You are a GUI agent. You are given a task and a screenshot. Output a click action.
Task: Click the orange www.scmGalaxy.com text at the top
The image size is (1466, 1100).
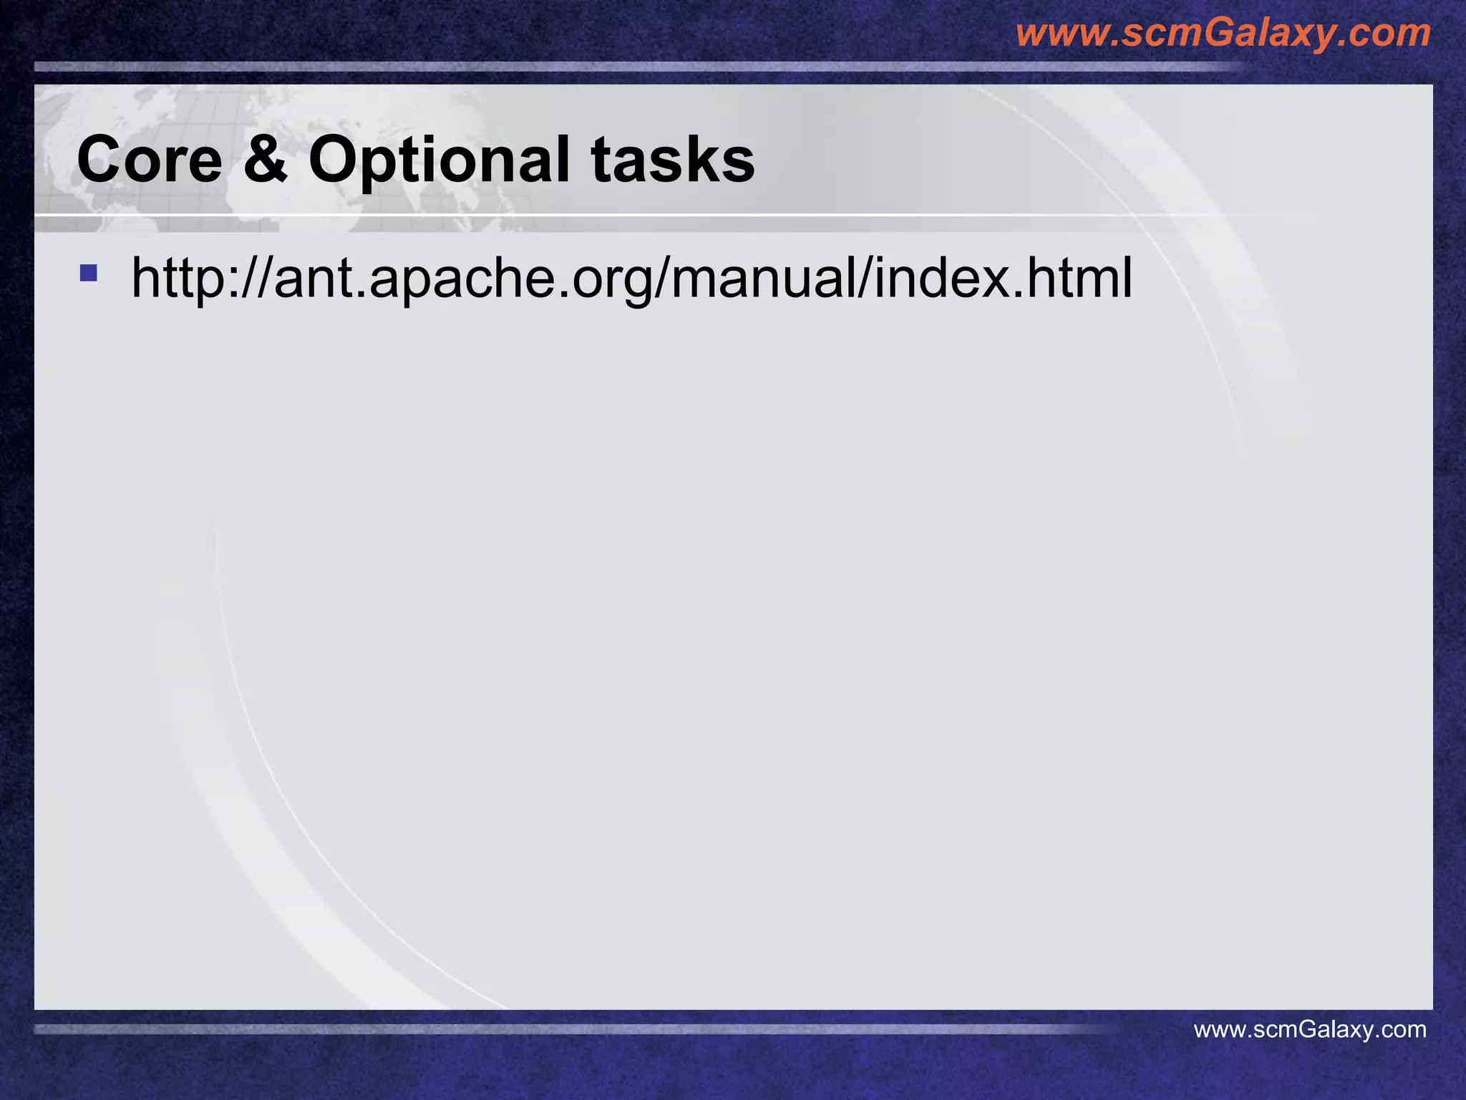tap(1223, 33)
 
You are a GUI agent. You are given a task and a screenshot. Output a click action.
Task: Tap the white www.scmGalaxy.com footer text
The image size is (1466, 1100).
tap(1310, 1030)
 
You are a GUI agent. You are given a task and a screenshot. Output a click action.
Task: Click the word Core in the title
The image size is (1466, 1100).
tap(150, 159)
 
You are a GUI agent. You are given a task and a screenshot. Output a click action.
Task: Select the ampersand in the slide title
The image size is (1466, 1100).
tap(265, 159)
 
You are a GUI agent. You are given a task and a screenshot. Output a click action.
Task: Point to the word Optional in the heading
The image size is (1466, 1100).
tap(439, 159)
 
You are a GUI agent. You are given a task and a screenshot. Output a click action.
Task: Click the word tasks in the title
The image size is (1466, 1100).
tap(672, 159)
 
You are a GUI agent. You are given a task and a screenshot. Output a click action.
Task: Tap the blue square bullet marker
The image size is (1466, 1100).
tap(88, 273)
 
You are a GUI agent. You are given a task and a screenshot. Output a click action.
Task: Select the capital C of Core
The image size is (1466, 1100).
tap(100, 159)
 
